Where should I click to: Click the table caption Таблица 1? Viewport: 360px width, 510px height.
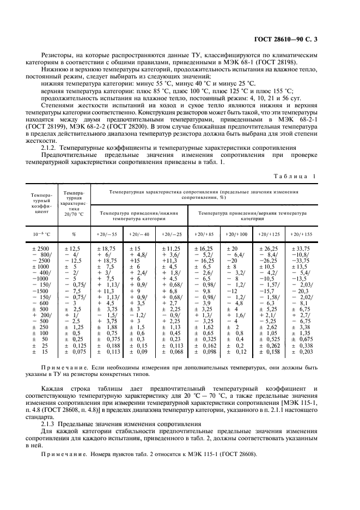coord(299,176)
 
